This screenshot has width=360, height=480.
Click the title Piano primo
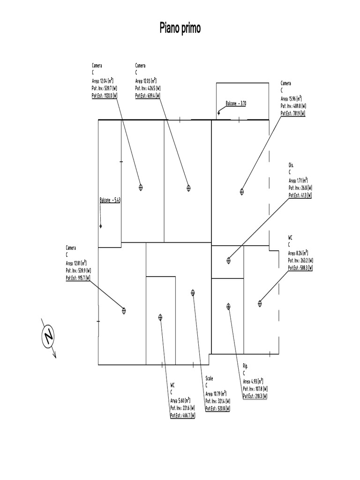pos(180,29)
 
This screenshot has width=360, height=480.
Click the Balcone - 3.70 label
pos(236,103)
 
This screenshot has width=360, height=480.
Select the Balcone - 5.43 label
pos(110,200)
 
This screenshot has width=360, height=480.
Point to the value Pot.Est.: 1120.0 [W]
pos(104,96)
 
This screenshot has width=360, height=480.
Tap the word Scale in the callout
pos(209,379)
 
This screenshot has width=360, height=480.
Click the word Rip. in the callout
pos(245,366)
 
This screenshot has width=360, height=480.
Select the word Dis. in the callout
pos(291,165)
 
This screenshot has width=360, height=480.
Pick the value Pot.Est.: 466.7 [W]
pos(182,415)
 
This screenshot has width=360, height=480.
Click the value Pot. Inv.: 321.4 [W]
pos(217,401)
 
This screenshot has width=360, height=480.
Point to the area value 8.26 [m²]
pos(301,253)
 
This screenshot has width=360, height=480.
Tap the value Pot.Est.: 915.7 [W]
pos(78,278)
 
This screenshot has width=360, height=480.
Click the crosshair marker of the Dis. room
pos(229,260)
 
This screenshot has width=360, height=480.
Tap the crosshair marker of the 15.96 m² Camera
pos(242,191)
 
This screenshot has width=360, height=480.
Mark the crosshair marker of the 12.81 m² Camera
pos(124,310)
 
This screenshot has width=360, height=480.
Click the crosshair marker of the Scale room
pos(193,292)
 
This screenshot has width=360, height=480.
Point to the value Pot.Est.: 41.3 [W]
pos(300,195)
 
